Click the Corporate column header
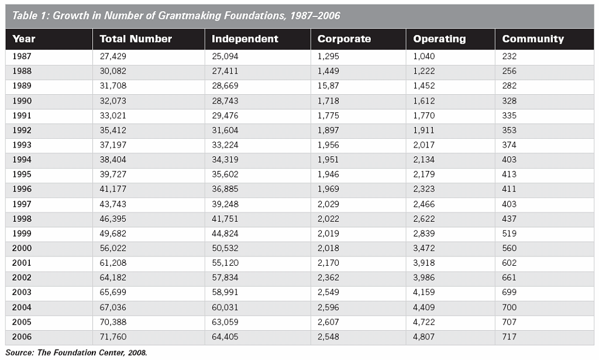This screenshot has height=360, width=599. pyautogui.click(x=344, y=39)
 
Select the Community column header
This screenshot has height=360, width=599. pyautogui.click(x=532, y=39)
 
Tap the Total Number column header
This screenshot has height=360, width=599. pyautogui.click(x=136, y=39)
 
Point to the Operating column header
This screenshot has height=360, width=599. pyautogui.click(x=439, y=39)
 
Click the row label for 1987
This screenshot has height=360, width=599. pyautogui.click(x=22, y=57)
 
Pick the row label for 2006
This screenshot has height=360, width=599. pyautogui.click(x=22, y=337)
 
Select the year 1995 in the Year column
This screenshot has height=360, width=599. pyautogui.click(x=22, y=174)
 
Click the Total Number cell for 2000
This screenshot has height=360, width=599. pyautogui.click(x=113, y=248)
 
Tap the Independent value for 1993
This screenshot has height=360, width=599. pyautogui.click(x=225, y=145)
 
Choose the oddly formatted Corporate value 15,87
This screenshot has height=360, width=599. pyautogui.click(x=328, y=86)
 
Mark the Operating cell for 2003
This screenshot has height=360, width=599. pyautogui.click(x=424, y=292)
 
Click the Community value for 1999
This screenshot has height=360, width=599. pyautogui.click(x=510, y=234)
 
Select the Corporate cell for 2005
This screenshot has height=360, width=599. pyautogui.click(x=328, y=322)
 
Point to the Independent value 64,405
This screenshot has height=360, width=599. pyautogui.click(x=225, y=337)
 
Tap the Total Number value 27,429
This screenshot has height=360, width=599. pyautogui.click(x=113, y=57)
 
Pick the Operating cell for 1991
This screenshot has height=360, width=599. pyautogui.click(x=424, y=116)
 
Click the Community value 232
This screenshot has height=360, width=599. pyautogui.click(x=510, y=57)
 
